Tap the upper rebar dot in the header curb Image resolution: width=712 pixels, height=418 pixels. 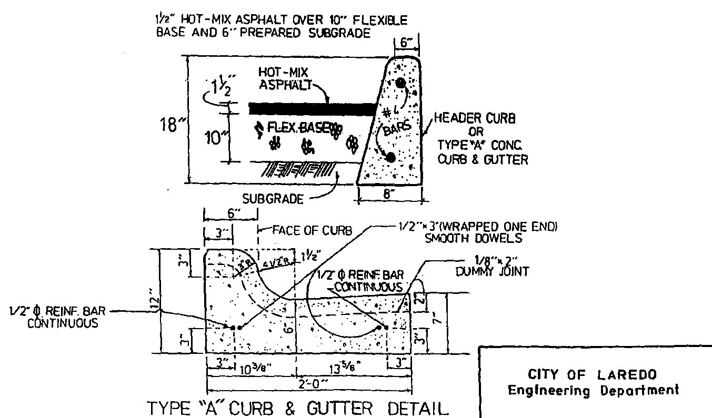point(401,83)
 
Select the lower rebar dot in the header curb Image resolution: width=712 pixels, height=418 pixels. point(390,157)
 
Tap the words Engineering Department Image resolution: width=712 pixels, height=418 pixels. point(593,391)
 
